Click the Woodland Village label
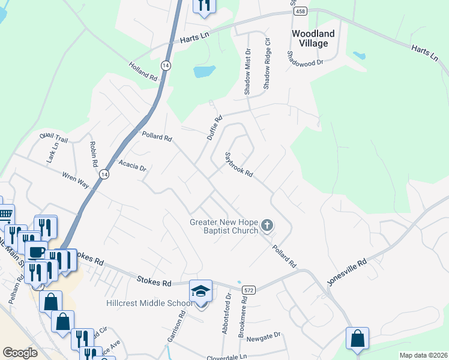[x=310, y=39]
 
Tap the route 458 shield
[x=300, y=11]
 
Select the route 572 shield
[x=246, y=290]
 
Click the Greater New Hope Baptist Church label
[x=224, y=226]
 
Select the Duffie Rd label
[x=215, y=127]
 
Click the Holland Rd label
[x=142, y=70]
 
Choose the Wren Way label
[x=75, y=180]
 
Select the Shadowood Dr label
[x=305, y=58]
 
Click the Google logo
[x=20, y=353]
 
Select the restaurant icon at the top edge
[x=203, y=5]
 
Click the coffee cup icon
[x=35, y=251]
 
